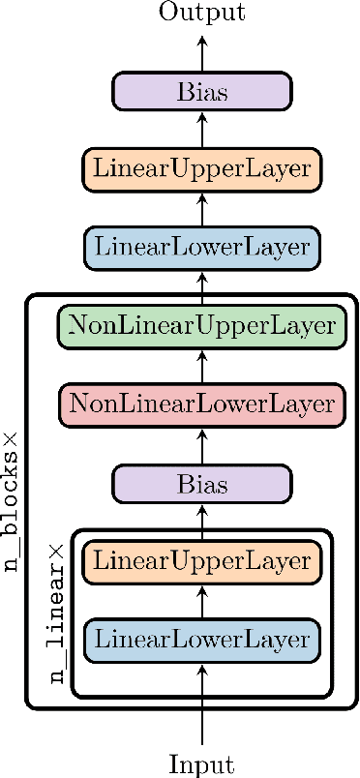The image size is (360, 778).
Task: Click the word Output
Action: [x=202, y=13]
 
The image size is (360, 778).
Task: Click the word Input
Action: [x=202, y=763]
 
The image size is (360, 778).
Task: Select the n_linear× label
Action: [x=58, y=613]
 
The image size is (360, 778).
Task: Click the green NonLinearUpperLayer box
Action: [x=202, y=325]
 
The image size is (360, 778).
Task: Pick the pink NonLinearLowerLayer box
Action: [x=202, y=401]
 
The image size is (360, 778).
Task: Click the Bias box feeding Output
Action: [x=202, y=93]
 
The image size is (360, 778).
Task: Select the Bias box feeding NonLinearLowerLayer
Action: [x=202, y=483]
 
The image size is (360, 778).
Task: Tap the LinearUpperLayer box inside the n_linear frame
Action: [x=202, y=561]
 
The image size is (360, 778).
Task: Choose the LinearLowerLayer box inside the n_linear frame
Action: [x=202, y=640]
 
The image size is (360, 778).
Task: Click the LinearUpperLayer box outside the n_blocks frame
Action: [x=202, y=169]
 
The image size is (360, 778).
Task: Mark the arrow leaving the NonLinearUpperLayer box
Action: [x=202, y=284]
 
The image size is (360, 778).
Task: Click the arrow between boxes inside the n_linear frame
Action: [x=202, y=600]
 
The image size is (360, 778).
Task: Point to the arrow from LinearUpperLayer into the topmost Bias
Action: [x=202, y=131]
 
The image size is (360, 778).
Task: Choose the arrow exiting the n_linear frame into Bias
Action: [x=202, y=521]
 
